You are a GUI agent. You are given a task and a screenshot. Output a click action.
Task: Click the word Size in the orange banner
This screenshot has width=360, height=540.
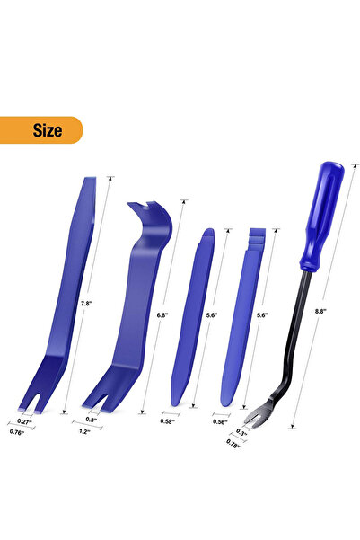(x=48, y=130)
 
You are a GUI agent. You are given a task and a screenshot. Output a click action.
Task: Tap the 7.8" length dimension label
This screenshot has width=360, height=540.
(x=86, y=304)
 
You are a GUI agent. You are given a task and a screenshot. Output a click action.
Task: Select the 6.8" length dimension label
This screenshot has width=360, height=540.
(x=162, y=315)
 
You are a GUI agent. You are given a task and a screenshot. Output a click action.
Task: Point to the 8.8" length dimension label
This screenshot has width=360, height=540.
(x=320, y=311)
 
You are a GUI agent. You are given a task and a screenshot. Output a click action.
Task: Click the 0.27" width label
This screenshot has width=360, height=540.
(x=24, y=421)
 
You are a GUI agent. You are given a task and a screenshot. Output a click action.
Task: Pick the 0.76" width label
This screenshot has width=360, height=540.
(x=17, y=432)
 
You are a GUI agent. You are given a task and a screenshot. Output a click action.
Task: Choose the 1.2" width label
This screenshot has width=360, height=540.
(x=84, y=431)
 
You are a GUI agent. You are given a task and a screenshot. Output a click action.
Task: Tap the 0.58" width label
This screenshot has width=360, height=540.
(x=168, y=421)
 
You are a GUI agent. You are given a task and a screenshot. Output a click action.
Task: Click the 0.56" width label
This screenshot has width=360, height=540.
(x=220, y=422)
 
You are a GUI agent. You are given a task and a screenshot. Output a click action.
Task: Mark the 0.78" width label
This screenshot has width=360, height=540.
(x=233, y=444)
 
